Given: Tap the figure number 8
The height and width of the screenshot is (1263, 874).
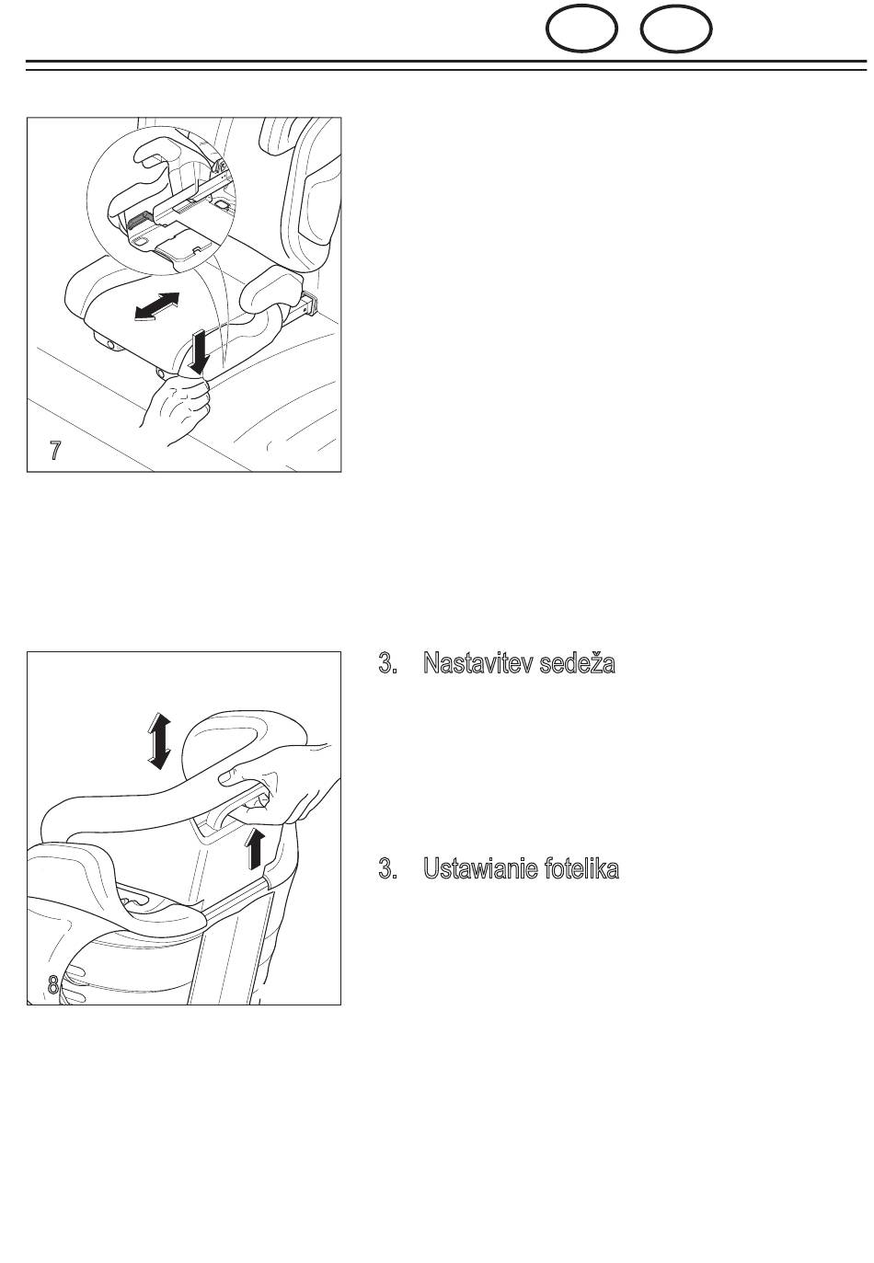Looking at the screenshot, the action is pyautogui.click(x=53, y=985).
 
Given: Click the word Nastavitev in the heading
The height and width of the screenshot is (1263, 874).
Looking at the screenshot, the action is pyautogui.click(x=477, y=662).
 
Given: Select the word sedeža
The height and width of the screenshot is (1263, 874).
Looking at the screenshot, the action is pyautogui.click(x=577, y=662).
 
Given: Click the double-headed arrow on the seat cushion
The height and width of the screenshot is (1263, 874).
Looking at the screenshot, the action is pyautogui.click(x=156, y=306).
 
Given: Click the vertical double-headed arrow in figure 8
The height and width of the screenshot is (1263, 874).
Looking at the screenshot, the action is pyautogui.click(x=158, y=741).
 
